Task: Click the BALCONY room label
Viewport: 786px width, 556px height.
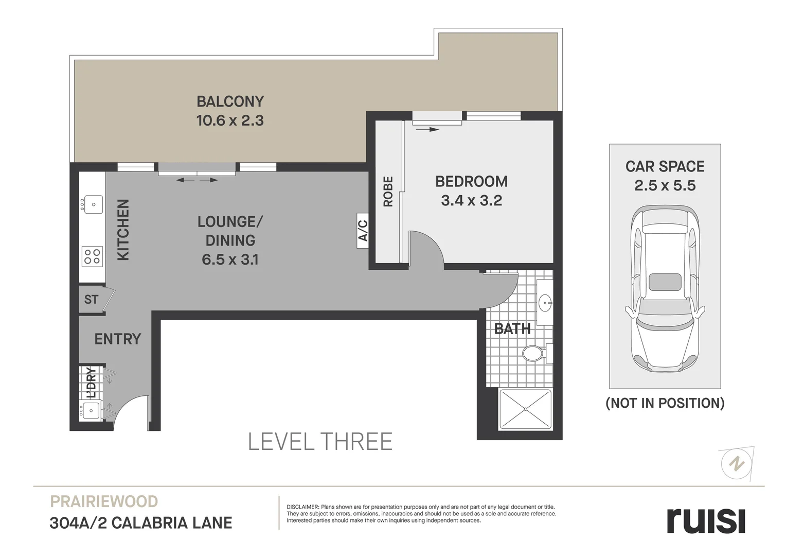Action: point(230,101)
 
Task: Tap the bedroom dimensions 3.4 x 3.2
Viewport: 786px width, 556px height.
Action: point(471,200)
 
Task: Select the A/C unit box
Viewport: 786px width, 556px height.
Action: point(363,231)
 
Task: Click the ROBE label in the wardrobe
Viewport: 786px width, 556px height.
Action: point(388,192)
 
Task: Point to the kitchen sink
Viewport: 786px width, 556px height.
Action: point(93,204)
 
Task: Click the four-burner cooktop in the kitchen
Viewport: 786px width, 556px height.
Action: point(92,256)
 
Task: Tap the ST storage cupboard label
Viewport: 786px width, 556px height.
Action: point(91,299)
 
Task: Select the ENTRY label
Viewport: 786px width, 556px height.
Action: point(117,339)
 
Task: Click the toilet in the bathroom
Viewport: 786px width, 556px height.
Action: point(533,354)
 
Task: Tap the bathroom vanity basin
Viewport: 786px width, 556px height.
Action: point(545,303)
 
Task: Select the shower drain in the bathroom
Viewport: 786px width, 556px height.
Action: point(525,409)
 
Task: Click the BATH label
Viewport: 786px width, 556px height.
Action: point(512,328)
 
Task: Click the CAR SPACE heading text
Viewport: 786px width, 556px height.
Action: point(665,166)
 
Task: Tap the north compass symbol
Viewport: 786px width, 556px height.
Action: point(737,463)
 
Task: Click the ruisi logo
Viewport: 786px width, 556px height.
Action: point(706,520)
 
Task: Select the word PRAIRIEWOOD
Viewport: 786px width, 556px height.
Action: point(103,501)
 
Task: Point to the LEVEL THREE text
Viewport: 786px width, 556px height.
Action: point(320,442)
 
